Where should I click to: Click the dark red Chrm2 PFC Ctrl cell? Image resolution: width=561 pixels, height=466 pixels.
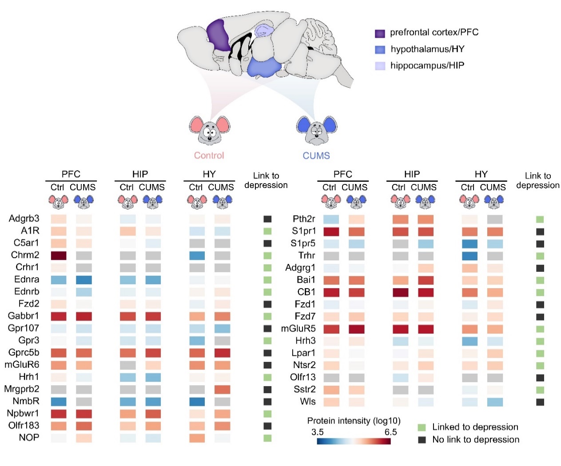[58, 255]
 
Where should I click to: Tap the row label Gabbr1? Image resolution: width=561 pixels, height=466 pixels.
[24, 316]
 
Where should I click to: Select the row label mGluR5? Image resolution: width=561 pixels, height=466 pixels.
[298, 329]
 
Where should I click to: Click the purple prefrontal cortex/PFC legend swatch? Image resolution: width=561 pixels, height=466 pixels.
[380, 34]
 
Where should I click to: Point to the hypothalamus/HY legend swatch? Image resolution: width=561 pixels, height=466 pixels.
[380, 50]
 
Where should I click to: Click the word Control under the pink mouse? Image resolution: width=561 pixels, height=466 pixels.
[209, 156]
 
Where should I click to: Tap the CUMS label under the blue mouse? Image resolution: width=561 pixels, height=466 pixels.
[316, 156]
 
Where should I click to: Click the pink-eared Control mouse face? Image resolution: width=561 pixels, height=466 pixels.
[209, 130]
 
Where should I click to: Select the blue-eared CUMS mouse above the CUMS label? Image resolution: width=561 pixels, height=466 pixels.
[316, 130]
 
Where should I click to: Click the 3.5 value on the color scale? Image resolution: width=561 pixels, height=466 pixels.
[317, 432]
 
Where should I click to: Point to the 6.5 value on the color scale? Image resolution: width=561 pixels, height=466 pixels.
[390, 432]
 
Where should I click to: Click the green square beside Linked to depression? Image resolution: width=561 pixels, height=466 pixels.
[422, 427]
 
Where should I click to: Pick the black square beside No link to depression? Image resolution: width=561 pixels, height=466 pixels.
[422, 440]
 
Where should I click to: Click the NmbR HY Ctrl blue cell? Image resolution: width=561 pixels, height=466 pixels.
[197, 402]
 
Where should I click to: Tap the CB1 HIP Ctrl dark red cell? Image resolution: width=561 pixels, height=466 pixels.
[400, 292]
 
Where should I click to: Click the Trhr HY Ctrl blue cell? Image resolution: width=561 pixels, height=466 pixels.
[469, 256]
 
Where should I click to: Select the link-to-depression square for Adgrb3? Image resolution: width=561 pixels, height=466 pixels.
[267, 219]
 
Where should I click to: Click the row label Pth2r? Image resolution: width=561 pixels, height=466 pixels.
[304, 219]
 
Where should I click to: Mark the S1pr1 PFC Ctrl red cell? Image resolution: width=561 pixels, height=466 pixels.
[331, 231]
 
